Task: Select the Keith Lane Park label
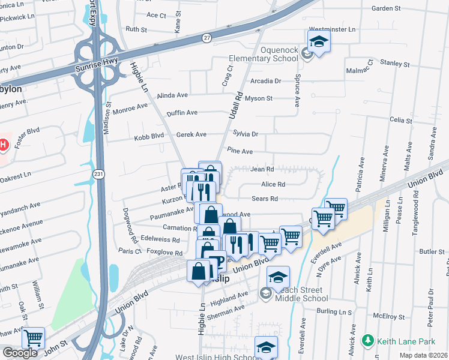point(406,342)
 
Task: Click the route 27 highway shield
point(207,37)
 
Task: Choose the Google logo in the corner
point(20,353)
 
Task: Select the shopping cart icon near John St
point(33,338)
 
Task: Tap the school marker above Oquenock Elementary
point(319,41)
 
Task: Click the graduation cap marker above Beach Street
point(278,277)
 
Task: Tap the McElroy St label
point(387,314)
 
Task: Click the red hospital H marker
point(3,145)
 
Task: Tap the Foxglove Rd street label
point(164,253)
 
